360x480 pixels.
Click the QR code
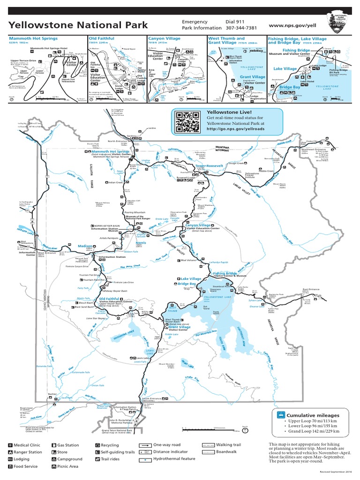coord(187,122)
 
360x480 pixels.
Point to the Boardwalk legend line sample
coord(208,452)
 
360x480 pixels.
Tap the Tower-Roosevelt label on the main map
coord(208,166)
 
